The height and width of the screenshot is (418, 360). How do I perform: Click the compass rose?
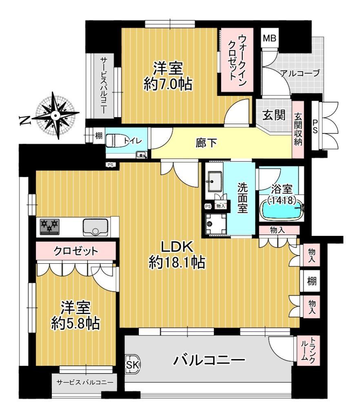point(56,116)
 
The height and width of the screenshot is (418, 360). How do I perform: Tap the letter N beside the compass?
point(25,121)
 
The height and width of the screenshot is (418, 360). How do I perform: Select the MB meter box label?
point(270,38)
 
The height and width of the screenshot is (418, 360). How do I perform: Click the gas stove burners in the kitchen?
point(50,227)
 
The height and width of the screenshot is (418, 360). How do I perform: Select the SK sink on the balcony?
point(132,365)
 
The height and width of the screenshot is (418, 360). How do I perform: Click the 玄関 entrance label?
point(273,115)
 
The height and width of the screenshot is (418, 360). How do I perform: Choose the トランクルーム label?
point(308,351)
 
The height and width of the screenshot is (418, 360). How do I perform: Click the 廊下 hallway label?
point(206,143)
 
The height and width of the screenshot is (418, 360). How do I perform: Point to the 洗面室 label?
point(242,198)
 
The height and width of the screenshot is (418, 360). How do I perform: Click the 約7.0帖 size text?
point(168,85)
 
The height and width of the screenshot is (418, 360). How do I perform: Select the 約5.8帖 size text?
point(76,324)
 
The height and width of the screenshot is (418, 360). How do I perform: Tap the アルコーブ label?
point(300,73)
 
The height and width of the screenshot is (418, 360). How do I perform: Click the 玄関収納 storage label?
point(298,129)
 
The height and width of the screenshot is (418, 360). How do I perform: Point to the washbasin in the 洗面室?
point(215,181)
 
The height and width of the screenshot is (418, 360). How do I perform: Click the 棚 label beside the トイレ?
point(98,136)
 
